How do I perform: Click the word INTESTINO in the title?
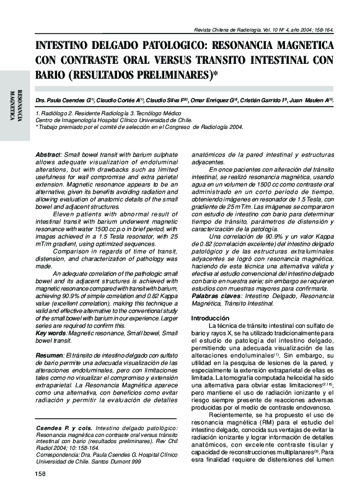pyautogui.click(x=66, y=47)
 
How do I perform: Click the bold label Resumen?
pyautogui.click(x=48, y=354)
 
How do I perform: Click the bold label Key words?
pyautogui.click(x=51, y=333)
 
